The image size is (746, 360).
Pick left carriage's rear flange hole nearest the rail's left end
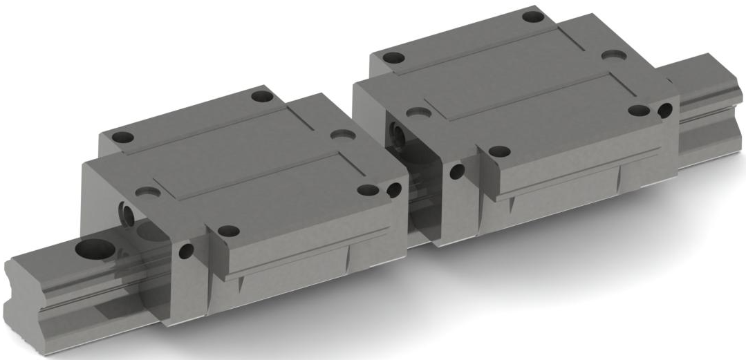(122, 137)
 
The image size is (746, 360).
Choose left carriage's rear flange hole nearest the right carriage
(261, 96)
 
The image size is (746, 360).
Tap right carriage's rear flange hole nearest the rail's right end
(532, 16)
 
